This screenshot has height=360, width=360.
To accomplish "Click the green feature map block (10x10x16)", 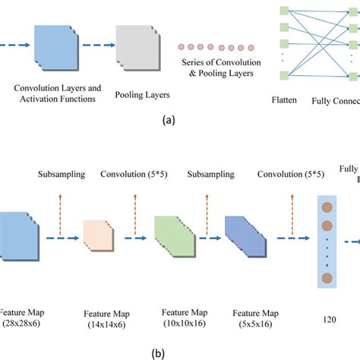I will pos(174,236).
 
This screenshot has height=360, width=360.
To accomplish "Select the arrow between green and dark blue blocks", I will pos(209,237).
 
